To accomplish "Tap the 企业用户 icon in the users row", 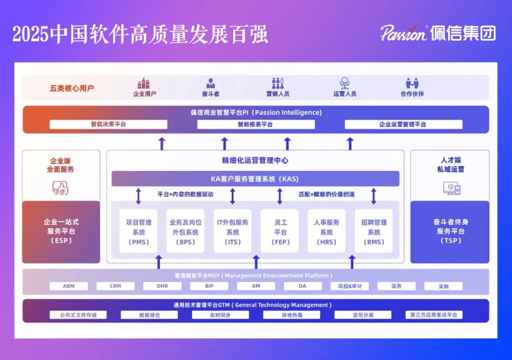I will tap(144, 84).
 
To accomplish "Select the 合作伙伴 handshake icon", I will tap(412, 84).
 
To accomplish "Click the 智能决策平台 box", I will tap(109, 125).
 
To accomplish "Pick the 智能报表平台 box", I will tap(256, 125).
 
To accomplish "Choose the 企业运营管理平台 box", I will tap(403, 125).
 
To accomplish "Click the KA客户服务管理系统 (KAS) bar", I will tap(255, 179).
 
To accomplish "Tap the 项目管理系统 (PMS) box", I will tap(138, 232).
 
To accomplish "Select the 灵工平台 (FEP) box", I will tap(280, 232).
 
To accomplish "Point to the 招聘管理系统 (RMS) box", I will tap(374, 232).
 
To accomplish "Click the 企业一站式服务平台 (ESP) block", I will tap(61, 232).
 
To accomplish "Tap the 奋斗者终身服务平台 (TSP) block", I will tap(449, 232).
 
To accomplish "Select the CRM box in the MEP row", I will tap(115, 286).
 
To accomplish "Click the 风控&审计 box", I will tap(349, 286).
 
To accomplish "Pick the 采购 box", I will tap(443, 286).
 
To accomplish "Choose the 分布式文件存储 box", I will tap(78, 315).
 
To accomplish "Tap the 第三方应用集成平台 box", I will tap(433, 315).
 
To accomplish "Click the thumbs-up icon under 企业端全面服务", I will tap(61, 188).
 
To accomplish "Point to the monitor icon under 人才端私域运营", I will tap(451, 189).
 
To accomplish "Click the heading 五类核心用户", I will tap(72, 88).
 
